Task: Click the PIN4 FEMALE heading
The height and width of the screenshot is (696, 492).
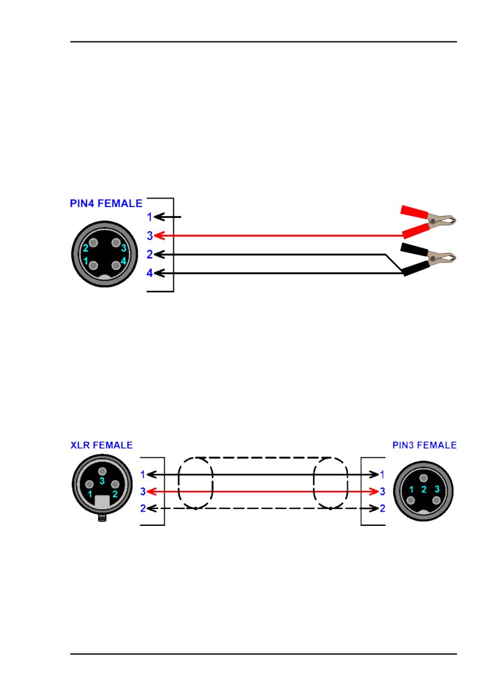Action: tap(106, 203)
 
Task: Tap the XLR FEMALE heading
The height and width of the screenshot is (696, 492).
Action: tap(102, 445)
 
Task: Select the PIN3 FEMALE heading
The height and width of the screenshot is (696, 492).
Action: tap(424, 445)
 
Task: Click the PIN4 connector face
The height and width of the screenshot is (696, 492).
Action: tap(103, 255)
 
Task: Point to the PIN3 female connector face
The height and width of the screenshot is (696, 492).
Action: tap(423, 490)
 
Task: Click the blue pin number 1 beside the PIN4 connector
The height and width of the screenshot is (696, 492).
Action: tap(149, 217)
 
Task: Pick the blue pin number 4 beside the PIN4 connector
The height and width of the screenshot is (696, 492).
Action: tap(149, 274)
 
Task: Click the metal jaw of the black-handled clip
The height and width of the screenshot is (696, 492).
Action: tap(444, 258)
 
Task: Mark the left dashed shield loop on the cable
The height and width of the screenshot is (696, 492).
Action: tap(195, 483)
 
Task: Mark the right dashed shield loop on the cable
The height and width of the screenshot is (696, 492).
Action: tap(330, 483)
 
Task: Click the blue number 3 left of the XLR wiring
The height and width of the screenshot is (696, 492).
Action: tap(143, 492)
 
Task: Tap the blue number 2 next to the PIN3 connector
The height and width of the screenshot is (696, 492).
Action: tap(382, 508)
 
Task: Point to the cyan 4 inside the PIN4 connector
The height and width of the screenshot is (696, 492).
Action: tap(123, 261)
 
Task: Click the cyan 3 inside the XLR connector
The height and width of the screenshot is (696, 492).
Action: tap(102, 481)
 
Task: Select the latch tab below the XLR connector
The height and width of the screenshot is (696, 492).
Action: tap(102, 517)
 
